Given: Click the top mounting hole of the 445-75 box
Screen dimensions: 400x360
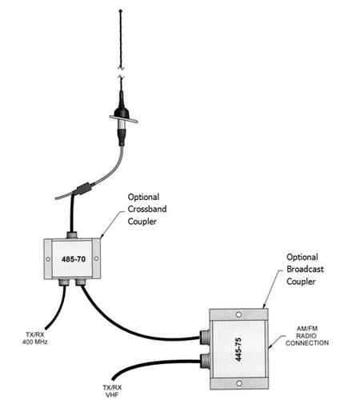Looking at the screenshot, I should [x=238, y=315].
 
